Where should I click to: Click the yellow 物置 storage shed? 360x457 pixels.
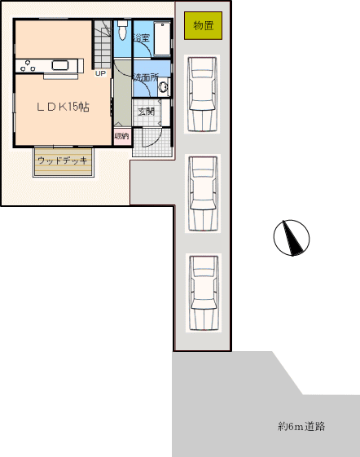[203, 25]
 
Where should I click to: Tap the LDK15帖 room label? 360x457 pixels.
[63, 107]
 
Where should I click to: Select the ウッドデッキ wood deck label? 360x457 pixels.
[63, 160]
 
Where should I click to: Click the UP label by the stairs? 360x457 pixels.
[100, 73]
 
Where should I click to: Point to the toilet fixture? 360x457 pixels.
[122, 29]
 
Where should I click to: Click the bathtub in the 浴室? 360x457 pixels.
[162, 39]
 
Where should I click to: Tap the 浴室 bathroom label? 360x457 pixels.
[142, 37]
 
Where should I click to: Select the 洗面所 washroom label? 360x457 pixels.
[146, 77]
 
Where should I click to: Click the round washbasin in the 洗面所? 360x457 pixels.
[164, 86]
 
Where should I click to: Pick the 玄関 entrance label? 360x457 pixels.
[146, 112]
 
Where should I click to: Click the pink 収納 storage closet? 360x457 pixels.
[122, 136]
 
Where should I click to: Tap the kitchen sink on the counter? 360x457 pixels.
[60, 65]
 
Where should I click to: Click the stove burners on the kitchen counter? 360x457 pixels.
[28, 66]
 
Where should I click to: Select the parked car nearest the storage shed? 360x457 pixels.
[202, 94]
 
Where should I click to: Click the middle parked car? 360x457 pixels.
[203, 193]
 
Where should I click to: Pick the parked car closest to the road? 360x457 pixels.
[204, 293]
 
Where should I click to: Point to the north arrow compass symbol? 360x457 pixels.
[292, 238]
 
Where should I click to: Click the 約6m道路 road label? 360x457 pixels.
[301, 426]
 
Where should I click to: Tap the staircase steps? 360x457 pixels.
[102, 45]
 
